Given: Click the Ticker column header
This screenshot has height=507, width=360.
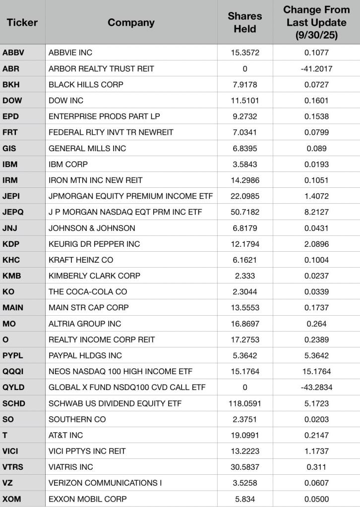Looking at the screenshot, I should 22,22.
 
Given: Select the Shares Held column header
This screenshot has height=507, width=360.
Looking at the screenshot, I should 245,22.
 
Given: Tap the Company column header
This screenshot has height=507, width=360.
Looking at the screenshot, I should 131,22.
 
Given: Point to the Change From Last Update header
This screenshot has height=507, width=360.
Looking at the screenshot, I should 316,22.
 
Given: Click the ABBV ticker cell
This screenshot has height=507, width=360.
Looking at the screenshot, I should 12,53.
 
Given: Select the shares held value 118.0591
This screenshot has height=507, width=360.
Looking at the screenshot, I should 245,403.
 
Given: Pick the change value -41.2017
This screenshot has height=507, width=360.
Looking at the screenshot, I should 316,68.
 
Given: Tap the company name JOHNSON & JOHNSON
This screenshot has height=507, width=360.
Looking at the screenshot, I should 92,228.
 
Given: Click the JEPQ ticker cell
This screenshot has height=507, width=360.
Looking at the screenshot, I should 13,212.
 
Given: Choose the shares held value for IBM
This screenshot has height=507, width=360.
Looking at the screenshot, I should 245,164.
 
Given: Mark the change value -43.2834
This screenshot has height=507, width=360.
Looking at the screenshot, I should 316,388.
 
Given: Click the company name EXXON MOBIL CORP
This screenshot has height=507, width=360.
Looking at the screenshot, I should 87,499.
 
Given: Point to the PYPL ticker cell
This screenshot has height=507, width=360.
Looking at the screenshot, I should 13,355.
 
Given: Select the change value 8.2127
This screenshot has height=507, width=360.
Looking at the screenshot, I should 316,212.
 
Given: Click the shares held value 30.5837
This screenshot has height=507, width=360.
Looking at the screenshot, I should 245,467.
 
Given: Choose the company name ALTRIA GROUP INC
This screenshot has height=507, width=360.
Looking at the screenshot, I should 85,324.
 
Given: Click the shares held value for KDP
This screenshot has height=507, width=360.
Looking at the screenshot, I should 245,244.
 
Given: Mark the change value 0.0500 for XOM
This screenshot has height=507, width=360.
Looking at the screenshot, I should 316,499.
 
